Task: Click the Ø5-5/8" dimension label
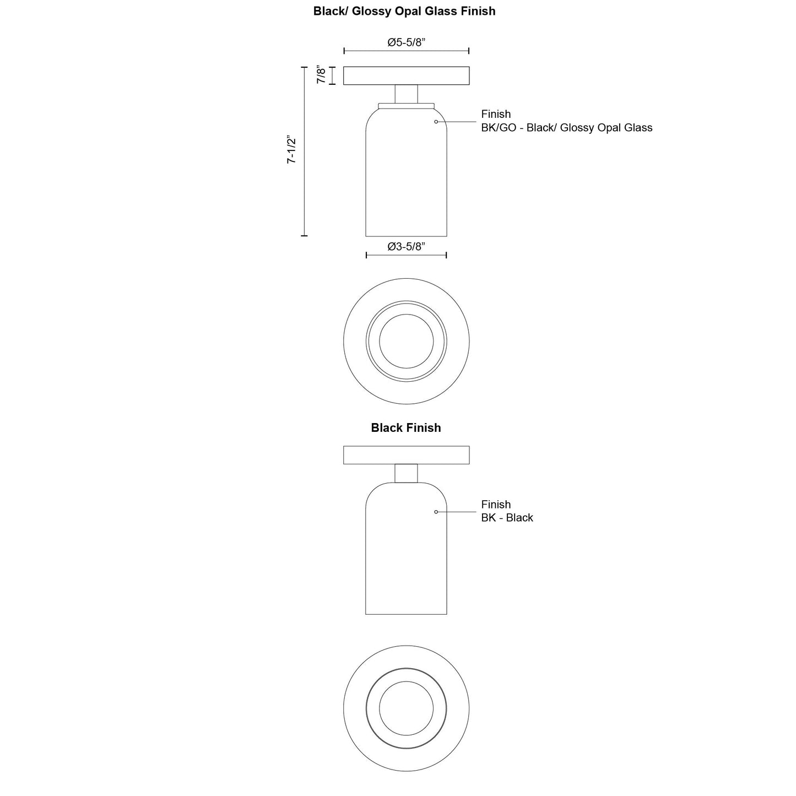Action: pos(406,42)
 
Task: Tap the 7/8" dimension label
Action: pos(321,75)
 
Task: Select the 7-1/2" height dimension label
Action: pos(291,149)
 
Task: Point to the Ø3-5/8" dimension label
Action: pos(406,246)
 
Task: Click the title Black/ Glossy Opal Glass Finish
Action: pos(404,11)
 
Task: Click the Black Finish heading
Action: pos(405,427)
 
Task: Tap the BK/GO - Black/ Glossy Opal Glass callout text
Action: pos(566,128)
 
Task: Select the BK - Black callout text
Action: pos(507,518)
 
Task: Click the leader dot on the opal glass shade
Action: pos(436,122)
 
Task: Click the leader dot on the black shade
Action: pos(436,512)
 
